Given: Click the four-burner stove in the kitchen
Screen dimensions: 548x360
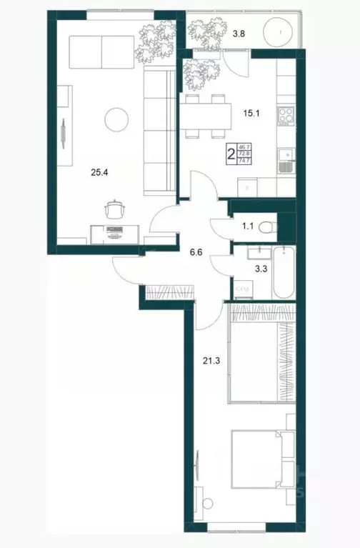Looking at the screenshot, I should click(286, 115).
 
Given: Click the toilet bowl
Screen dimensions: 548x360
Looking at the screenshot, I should click(266, 228).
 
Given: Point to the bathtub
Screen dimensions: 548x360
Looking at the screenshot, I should click(284, 274).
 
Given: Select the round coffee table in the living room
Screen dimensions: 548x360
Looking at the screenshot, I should click(115, 118).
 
